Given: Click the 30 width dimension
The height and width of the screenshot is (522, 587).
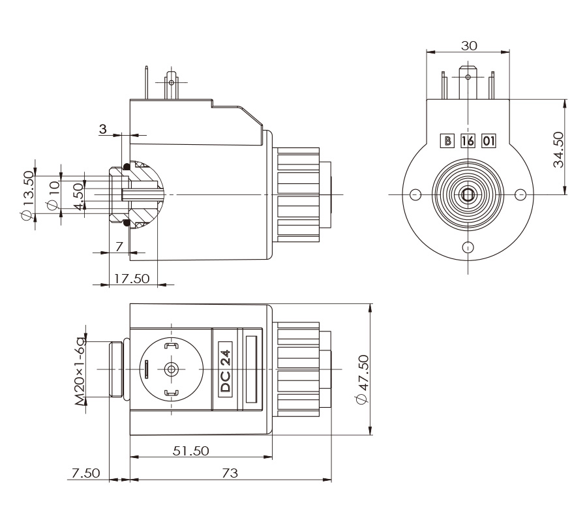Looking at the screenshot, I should (469, 45).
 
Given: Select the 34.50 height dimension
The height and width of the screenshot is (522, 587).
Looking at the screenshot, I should (558, 149).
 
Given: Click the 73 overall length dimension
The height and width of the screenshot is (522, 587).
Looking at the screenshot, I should (230, 473).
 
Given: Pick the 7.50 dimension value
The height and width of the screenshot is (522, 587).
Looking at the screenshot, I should (87, 473).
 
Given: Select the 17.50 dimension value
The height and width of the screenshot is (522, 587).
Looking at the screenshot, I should (132, 278).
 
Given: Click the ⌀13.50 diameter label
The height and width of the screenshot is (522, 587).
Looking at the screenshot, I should (27, 196).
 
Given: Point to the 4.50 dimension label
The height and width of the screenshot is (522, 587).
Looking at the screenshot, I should (78, 196).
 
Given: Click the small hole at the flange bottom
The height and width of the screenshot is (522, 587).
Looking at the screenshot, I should (468, 247).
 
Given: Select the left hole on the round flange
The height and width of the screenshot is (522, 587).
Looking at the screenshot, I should (416, 194).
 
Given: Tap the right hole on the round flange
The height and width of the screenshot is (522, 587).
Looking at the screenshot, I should (520, 194).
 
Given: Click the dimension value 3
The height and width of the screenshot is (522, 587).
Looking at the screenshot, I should (103, 128).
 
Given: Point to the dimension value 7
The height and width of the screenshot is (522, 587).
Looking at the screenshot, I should (119, 246).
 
